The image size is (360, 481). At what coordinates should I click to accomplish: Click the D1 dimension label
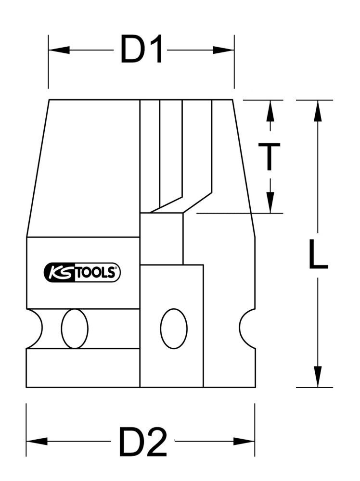coord(141,50)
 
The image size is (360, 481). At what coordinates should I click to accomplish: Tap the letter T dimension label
coord(270,156)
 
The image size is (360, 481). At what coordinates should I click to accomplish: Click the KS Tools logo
coord(82,273)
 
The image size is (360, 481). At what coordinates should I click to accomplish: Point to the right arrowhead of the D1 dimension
coord(223,50)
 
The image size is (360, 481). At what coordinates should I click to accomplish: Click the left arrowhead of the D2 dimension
coord(37,441)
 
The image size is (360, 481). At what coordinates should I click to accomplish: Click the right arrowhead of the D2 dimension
coord(244,441)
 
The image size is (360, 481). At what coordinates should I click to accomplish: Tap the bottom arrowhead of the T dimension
coord(270,202)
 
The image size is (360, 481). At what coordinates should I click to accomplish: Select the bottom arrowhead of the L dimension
coord(317,377)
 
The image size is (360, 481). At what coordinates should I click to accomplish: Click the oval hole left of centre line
coord(75,329)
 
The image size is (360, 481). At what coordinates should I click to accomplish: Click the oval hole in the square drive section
coord(173,329)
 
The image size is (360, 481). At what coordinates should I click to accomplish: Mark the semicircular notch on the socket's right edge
coord(247,329)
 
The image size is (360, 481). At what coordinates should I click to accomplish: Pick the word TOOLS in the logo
coord(96,273)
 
